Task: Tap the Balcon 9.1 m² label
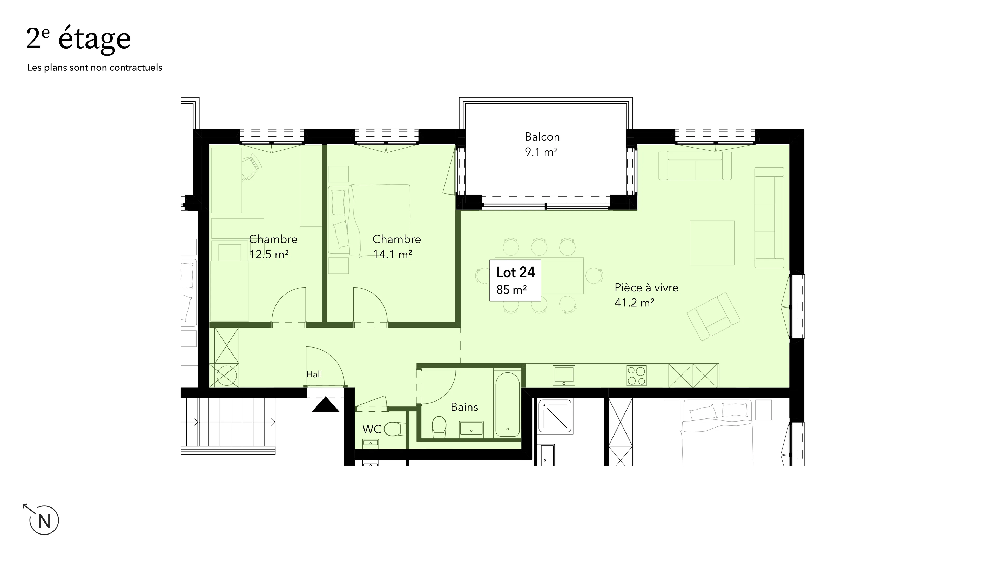pyautogui.click(x=542, y=144)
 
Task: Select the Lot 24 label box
pyautogui.click(x=515, y=280)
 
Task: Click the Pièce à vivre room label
pyautogui.click(x=646, y=295)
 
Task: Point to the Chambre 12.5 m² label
pyautogui.click(x=273, y=247)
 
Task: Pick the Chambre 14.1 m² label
pyautogui.click(x=396, y=247)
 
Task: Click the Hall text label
pyautogui.click(x=314, y=374)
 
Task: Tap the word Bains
pyautogui.click(x=464, y=407)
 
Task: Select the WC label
pyautogui.click(x=372, y=429)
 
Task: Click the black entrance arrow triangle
pyautogui.click(x=326, y=405)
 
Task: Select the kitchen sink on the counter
pyautogui.click(x=564, y=376)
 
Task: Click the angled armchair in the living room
pyautogui.click(x=713, y=316)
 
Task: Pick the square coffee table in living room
pyautogui.click(x=712, y=243)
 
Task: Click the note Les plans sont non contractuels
pyautogui.click(x=95, y=68)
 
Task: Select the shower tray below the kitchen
pyautogui.click(x=555, y=417)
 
